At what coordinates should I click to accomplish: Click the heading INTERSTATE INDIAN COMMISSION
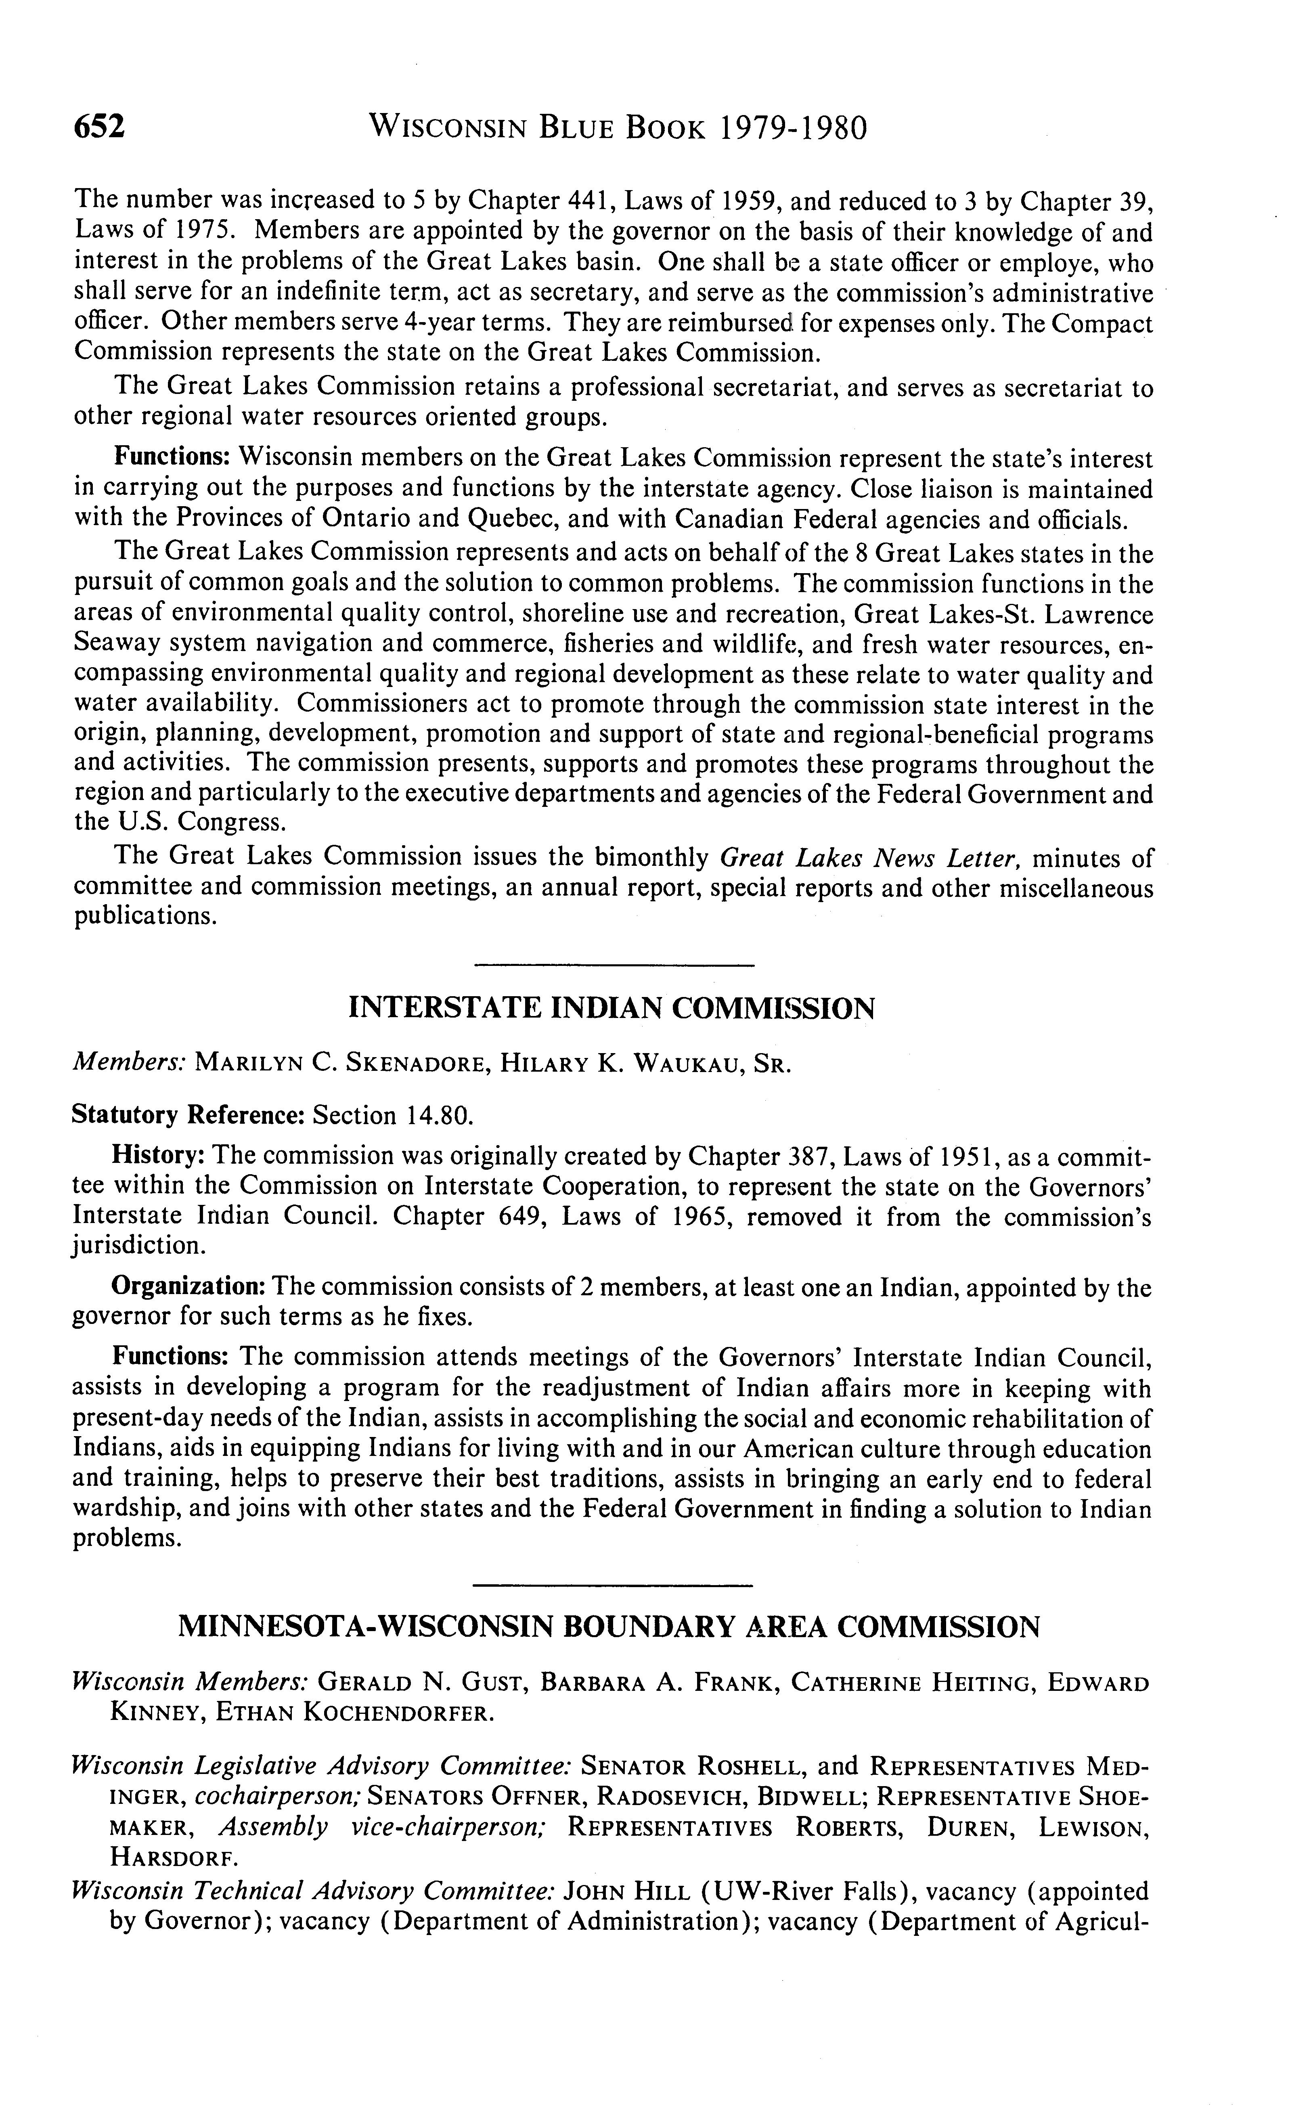click(611, 1008)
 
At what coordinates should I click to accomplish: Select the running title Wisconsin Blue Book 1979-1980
click(617, 128)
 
